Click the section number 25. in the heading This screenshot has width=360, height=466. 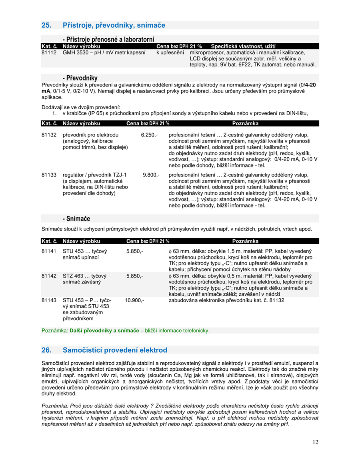point(46,25)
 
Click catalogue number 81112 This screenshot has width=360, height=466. point(49,52)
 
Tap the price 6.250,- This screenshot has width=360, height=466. point(149,135)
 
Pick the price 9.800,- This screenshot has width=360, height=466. point(151,175)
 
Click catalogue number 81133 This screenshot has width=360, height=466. point(49,175)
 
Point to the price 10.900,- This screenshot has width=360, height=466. point(134,300)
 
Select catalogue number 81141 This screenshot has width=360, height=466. point(49,251)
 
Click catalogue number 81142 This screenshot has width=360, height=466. point(49,276)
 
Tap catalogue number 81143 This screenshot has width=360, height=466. point(49,300)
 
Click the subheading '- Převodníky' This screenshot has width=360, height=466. point(80,78)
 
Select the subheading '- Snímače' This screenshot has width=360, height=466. point(76,219)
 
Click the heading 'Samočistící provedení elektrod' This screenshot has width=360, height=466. point(115,350)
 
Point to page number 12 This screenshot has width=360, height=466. point(316,442)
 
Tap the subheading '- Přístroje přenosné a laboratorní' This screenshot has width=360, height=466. point(108,39)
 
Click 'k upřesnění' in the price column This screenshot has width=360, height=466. point(170,52)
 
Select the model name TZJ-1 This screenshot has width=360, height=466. point(119,175)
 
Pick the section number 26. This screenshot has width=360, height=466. point(46,350)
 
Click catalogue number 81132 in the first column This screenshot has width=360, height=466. point(49,135)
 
